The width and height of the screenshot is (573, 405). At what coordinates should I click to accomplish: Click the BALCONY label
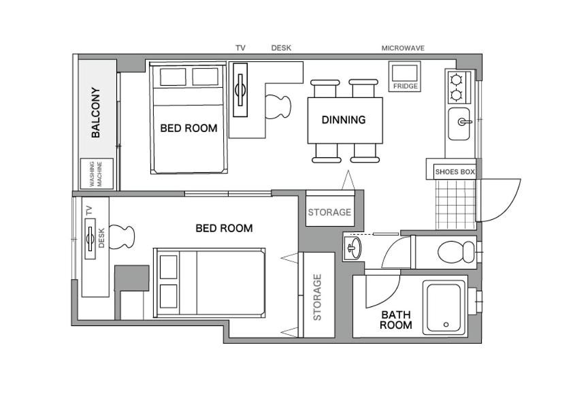coord(95,112)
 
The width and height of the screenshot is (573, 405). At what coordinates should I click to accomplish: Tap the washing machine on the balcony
coord(97,174)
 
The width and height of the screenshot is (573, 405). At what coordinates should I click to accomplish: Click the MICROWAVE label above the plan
coord(403,48)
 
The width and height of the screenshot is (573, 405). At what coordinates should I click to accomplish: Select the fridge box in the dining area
coord(404,76)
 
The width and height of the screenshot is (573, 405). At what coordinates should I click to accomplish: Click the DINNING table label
coord(344,120)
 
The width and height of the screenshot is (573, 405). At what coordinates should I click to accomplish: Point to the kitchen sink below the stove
coord(459,124)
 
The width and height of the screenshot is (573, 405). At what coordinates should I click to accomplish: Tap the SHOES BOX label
coord(455,172)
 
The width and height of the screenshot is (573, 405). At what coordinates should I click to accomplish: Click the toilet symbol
coord(456,252)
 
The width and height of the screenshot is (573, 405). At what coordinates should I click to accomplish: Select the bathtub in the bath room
coord(445,308)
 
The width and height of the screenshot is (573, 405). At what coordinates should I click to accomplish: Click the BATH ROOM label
coord(396,320)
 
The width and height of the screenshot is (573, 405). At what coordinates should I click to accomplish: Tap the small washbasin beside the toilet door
coord(353,248)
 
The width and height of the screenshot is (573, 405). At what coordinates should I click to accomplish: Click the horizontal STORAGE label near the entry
coord(329,212)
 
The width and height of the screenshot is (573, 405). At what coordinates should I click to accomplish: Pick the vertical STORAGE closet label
coord(317,297)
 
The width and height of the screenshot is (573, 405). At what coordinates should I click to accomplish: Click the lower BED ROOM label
coord(224,229)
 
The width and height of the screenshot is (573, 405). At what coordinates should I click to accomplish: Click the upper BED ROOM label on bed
coord(189,128)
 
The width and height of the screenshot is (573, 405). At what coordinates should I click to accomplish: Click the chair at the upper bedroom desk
coord(278,107)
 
